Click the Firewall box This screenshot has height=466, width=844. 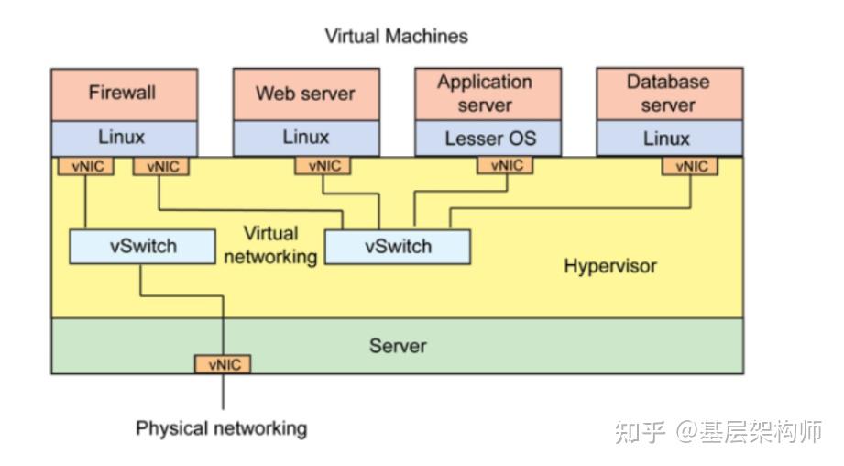(x=123, y=94)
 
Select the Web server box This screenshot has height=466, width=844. (x=305, y=94)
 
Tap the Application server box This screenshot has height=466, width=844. (x=487, y=94)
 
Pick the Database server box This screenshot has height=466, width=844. (x=669, y=94)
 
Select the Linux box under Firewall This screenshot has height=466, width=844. (x=123, y=138)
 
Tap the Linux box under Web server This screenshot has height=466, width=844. (x=305, y=138)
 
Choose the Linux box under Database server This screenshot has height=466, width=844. (x=669, y=139)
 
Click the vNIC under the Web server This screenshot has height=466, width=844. (x=323, y=166)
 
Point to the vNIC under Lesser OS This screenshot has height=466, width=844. (x=506, y=166)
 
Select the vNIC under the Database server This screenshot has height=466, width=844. (x=691, y=166)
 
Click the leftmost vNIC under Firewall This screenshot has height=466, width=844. (x=86, y=166)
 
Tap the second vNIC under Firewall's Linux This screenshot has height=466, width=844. (x=161, y=166)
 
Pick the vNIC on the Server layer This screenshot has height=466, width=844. (x=223, y=364)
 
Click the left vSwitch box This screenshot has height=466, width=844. (x=142, y=247)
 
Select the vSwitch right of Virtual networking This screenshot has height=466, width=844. (x=398, y=247)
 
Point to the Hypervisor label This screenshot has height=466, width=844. (x=609, y=267)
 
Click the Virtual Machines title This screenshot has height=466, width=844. (x=396, y=37)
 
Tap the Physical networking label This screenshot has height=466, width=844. (x=221, y=428)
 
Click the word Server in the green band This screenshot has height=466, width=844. (x=397, y=346)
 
